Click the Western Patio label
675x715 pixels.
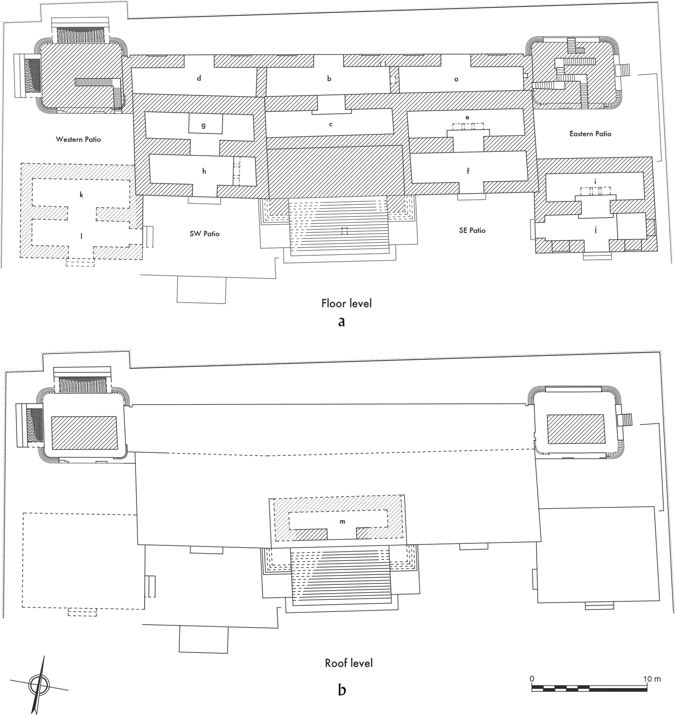[x=78, y=140]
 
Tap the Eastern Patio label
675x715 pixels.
[x=590, y=134]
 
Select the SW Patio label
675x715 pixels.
[x=204, y=234]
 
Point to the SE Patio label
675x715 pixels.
[x=472, y=231]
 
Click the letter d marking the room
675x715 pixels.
[x=199, y=79]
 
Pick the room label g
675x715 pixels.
[x=203, y=125]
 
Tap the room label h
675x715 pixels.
[x=204, y=171]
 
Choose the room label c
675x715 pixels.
[x=331, y=124]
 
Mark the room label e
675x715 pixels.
[x=467, y=117]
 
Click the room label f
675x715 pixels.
[x=468, y=171]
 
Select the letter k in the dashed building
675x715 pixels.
[x=81, y=195]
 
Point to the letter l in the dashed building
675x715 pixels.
[x=81, y=236]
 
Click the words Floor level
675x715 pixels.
[x=346, y=304]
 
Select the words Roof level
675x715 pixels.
[x=349, y=663]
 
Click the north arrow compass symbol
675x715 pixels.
[x=39, y=684]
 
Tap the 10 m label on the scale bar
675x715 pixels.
[x=652, y=679]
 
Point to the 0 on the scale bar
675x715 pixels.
[x=532, y=679]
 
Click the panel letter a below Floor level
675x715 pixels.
[x=341, y=322]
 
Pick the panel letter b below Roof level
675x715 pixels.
[x=342, y=690]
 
